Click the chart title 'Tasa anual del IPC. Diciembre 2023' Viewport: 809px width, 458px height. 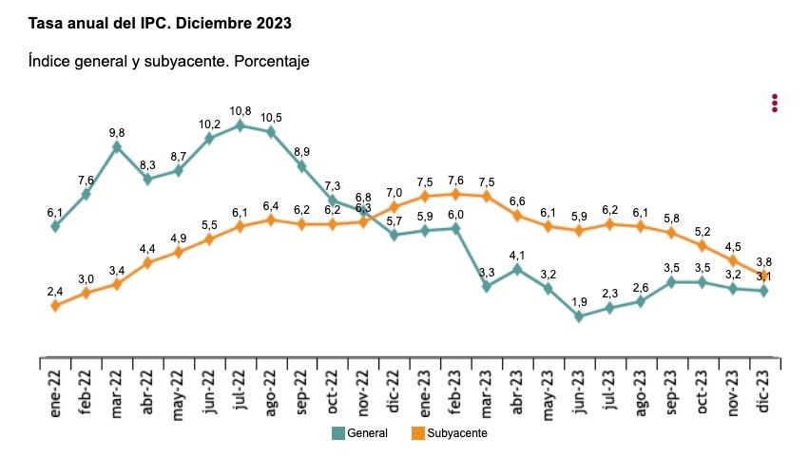pos(160,21)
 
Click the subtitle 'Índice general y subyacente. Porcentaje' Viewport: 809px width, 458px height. pos(169,61)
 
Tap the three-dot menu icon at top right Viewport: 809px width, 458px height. pos(775,103)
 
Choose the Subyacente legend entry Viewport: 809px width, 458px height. pos(448,433)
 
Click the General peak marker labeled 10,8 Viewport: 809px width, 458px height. pos(240,124)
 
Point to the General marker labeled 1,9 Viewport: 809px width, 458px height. pos(579,316)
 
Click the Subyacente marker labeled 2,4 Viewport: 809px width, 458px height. pos(55,305)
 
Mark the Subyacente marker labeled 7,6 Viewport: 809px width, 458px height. pos(455,194)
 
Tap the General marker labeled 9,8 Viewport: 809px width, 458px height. pos(117,146)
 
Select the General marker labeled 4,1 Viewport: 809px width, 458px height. pos(517,269)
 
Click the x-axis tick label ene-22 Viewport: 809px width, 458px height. pos(56,390)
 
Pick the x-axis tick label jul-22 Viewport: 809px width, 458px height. pos(241,390)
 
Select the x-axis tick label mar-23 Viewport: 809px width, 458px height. pos(487,390)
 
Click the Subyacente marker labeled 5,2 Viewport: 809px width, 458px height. pos(703,245)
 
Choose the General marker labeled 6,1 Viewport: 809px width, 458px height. pos(55,226)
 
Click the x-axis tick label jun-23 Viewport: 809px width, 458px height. pos(579,390)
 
